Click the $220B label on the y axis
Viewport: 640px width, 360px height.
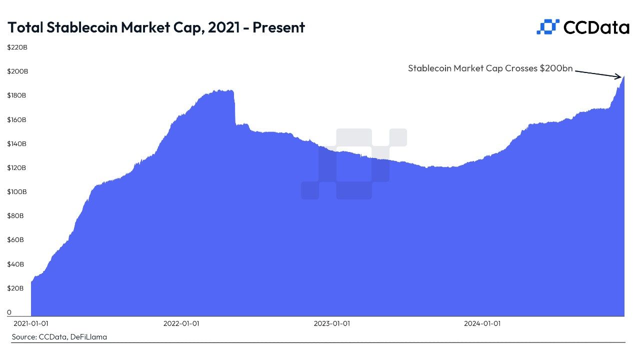[17, 47]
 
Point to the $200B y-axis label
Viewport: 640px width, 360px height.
[17, 71]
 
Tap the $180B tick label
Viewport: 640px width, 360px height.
[17, 95]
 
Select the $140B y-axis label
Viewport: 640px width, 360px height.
[17, 144]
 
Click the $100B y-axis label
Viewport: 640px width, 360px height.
[17, 192]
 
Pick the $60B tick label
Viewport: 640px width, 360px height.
[15, 240]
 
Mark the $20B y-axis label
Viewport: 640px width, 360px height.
[15, 288]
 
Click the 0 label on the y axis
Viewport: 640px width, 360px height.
[9, 312]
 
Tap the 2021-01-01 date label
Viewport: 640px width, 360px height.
[31, 323]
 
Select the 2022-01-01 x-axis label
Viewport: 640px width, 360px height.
[181, 323]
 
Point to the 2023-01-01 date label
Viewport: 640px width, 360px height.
[331, 323]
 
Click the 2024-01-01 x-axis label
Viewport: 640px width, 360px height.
[482, 323]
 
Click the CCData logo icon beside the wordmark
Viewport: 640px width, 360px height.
[547, 27]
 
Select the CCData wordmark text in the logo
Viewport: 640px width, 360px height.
[596, 27]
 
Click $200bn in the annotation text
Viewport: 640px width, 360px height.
[556, 68]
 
